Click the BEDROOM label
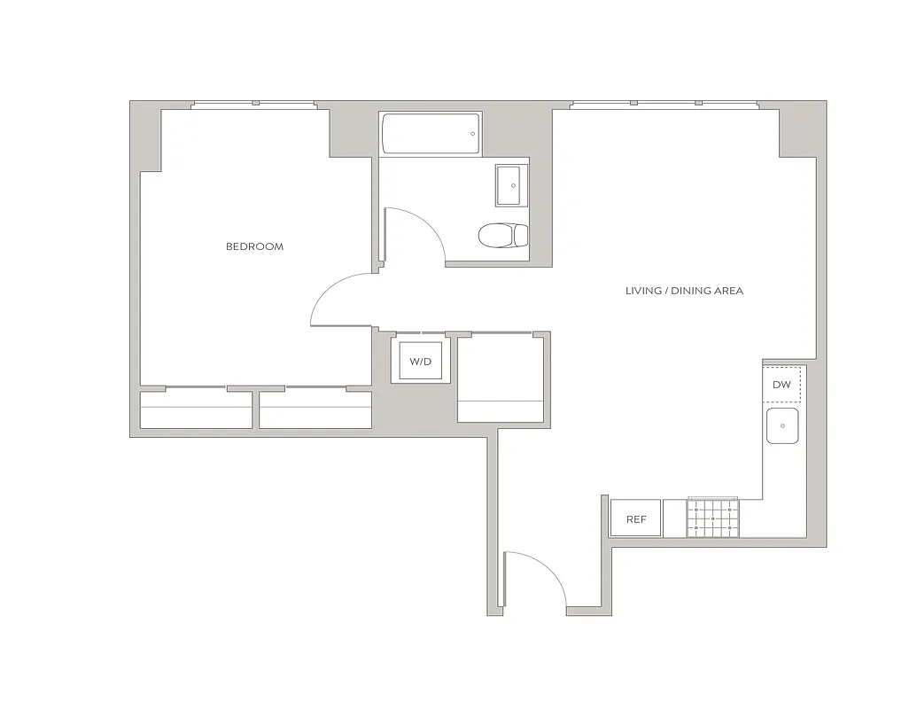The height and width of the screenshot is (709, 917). pos(254,246)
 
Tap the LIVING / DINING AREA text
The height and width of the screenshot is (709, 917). pos(684,291)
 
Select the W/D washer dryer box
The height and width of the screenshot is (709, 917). pos(419,362)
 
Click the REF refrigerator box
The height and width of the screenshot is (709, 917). pos(636,519)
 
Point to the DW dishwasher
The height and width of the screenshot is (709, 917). pos(782,385)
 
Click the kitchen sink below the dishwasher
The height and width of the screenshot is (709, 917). pos(782,426)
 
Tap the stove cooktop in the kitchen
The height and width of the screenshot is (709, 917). pos(712,518)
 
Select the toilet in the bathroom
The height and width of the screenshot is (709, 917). pos(501,236)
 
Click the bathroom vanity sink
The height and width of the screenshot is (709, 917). pos(511,185)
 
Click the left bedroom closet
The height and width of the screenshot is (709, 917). pos(196,409)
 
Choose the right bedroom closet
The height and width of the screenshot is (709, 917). pos(315,409)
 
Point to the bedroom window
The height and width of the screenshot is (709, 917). pos(255,105)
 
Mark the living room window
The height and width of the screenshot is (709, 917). pos(664,105)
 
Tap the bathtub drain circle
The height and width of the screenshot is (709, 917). pos(472,134)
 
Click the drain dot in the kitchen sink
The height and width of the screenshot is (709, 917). pos(782,426)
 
